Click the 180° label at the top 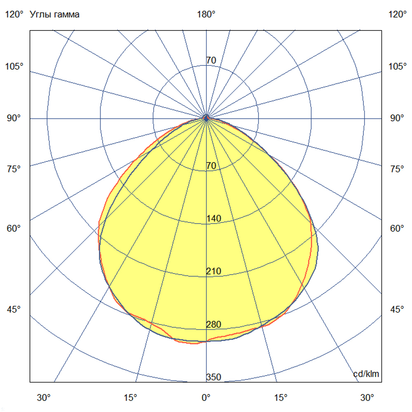tap(206, 15)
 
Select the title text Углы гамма tap(55, 15)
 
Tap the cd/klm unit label tap(366, 374)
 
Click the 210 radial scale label tap(213, 271)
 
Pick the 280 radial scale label tap(213, 324)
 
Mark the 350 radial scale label tap(213, 377)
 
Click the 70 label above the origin tap(211, 61)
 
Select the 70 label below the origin tap(211, 166)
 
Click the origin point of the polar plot tap(206, 118)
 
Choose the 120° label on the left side tap(14, 15)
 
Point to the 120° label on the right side tap(398, 15)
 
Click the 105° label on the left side tap(14, 66)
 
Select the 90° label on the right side tap(398, 118)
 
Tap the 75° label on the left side tap(14, 169)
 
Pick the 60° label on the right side tap(398, 228)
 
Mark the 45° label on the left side tap(14, 310)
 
